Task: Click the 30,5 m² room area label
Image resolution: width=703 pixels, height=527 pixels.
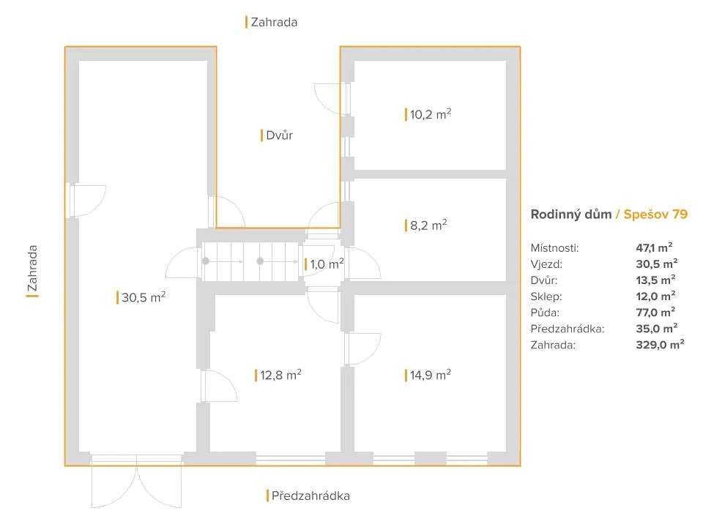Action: point(144,297)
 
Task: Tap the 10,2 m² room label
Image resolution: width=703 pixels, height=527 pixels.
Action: point(431,114)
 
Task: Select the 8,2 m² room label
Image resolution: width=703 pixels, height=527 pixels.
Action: point(428,225)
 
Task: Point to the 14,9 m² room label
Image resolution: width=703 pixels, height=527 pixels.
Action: point(431,375)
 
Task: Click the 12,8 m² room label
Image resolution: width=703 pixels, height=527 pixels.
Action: point(280,375)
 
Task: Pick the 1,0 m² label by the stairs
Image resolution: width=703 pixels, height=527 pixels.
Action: point(327,263)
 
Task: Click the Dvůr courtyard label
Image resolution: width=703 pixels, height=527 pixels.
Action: point(279,135)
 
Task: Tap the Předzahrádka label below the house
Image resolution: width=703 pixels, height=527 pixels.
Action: point(310,496)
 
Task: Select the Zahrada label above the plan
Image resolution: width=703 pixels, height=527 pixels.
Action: point(274,22)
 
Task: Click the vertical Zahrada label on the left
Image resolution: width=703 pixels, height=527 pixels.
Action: point(32,268)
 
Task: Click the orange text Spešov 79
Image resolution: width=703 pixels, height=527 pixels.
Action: point(655,214)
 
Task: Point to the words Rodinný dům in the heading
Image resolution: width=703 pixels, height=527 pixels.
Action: point(571,214)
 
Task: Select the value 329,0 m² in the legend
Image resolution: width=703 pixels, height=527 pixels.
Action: point(660,345)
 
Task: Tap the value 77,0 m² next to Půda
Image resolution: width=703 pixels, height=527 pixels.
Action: point(656,312)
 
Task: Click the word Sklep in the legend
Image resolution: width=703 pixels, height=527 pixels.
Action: point(546,296)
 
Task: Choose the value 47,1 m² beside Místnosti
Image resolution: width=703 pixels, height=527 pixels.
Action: point(654,247)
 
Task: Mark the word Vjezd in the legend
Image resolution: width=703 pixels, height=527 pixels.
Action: point(546,264)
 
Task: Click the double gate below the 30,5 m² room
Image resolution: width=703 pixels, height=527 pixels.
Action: point(137,482)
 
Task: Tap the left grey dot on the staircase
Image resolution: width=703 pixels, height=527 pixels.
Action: point(206,261)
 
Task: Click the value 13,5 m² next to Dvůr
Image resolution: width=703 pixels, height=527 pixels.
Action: point(656,280)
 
